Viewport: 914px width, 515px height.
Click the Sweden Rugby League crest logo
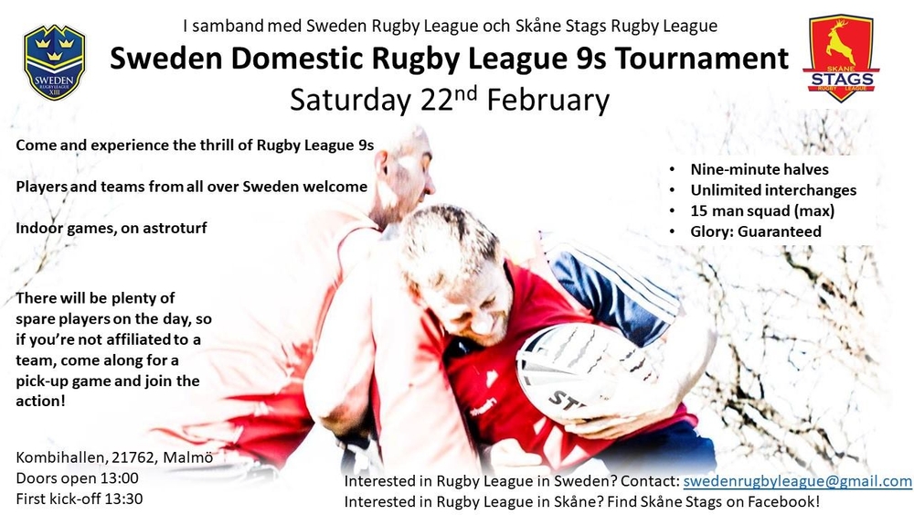(54, 62)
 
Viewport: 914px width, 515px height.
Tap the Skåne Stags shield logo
(841, 59)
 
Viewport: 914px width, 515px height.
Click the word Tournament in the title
(702, 59)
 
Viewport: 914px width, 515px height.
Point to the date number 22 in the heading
(437, 101)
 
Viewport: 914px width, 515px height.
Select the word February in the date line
(547, 101)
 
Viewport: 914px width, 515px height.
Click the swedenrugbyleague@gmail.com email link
(797, 481)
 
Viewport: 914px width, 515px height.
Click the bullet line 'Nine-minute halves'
(759, 169)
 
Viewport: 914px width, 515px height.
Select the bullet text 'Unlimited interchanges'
(773, 190)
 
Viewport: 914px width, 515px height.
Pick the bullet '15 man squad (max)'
(762, 210)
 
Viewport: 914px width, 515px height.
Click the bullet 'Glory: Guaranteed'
(756, 231)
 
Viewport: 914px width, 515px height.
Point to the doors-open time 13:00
(120, 478)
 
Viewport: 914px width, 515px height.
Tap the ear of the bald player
(382, 163)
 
